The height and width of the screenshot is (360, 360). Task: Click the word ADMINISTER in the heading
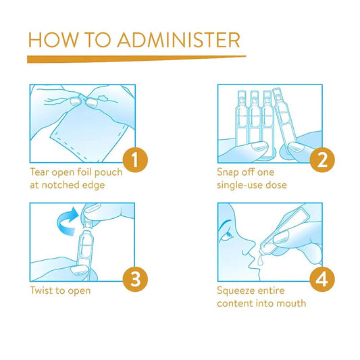[x=179, y=40]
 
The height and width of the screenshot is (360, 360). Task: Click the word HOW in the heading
[x=53, y=40]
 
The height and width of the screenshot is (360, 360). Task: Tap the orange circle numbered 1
[x=135, y=160]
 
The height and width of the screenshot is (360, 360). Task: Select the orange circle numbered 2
[x=322, y=160]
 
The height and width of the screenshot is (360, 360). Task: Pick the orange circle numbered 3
[x=135, y=279]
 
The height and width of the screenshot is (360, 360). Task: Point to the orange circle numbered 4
[x=322, y=279]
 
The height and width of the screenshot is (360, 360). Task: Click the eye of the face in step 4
[x=229, y=235]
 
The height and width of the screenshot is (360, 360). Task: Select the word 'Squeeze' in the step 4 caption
[x=233, y=291]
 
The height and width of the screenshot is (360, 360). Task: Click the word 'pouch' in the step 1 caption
[x=108, y=173]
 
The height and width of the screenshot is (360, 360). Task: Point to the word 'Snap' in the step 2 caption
[x=228, y=173]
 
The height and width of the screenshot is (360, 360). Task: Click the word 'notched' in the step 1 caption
[x=60, y=185]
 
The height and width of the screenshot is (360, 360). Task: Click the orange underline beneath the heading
[x=136, y=59]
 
